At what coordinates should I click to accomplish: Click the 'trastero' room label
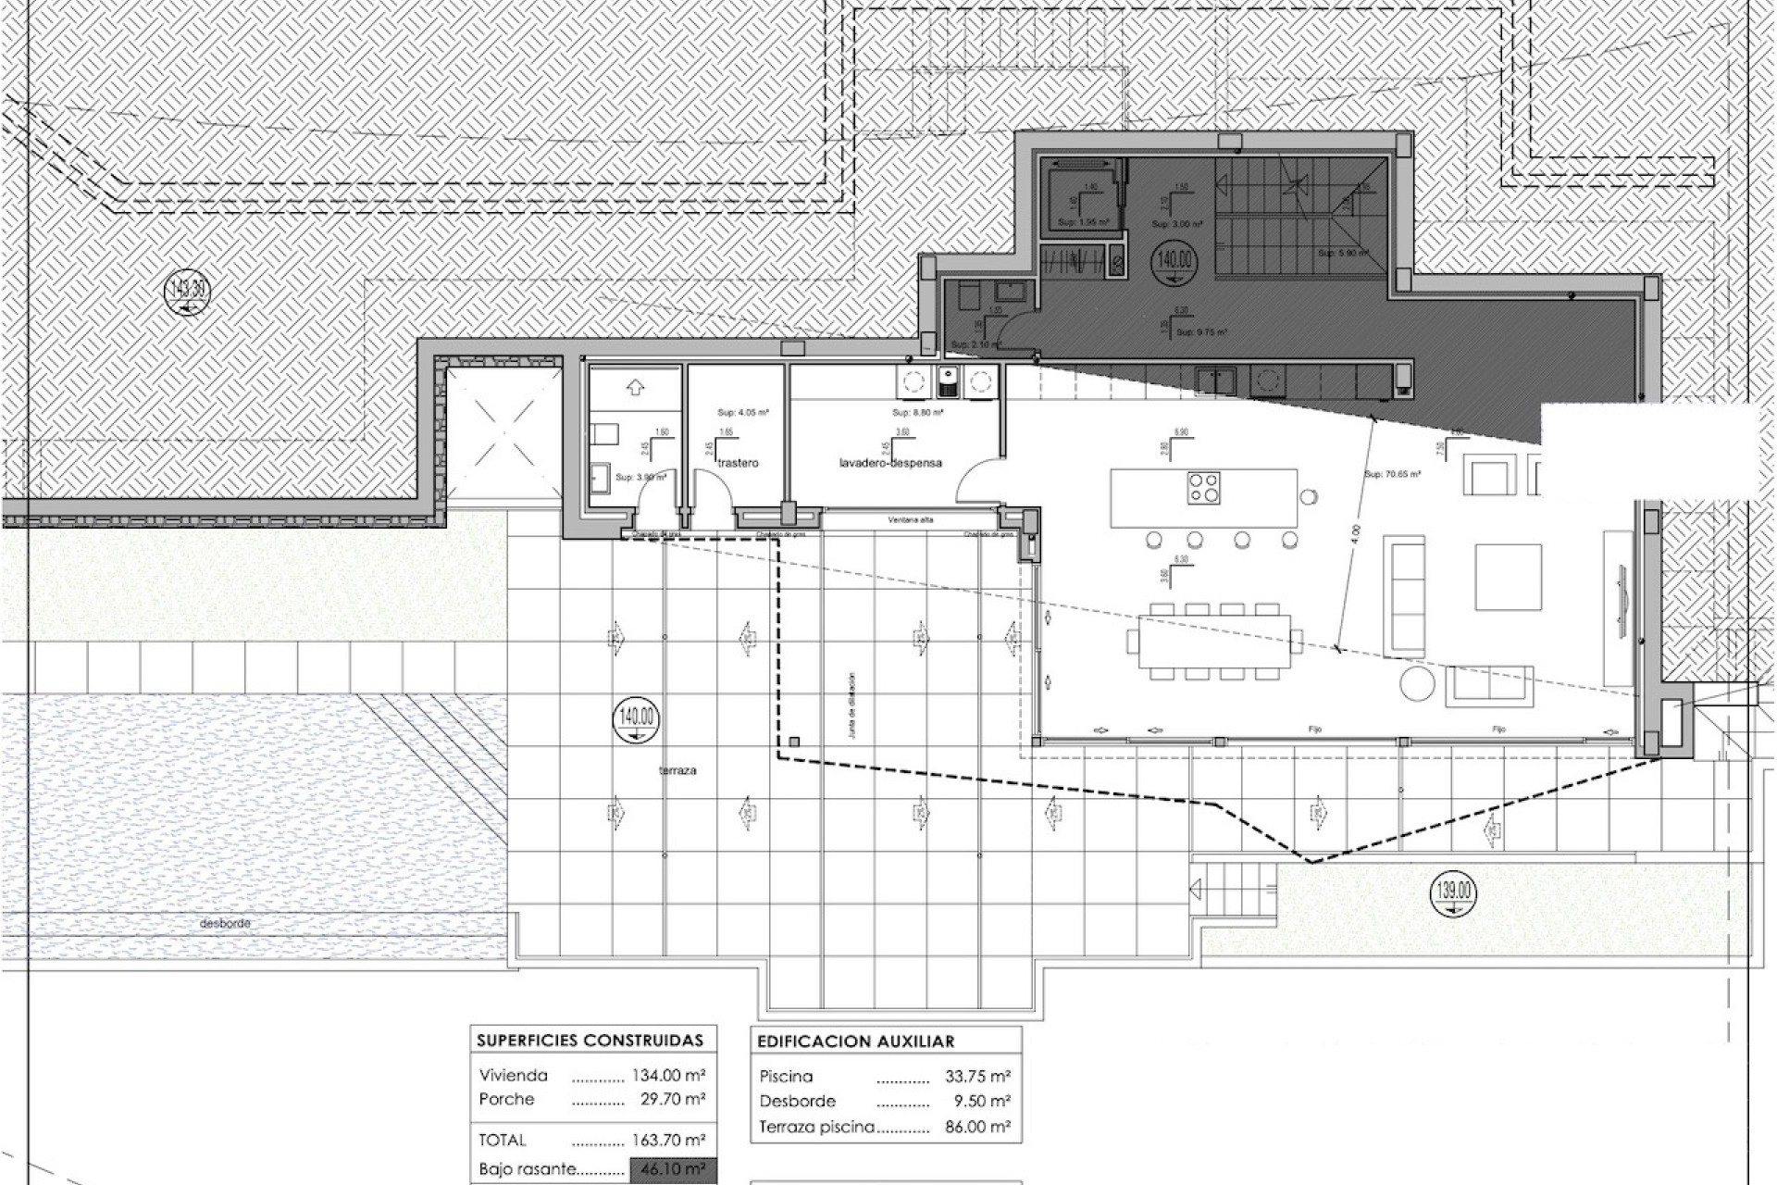point(738,463)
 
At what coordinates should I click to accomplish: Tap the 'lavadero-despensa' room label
point(891,463)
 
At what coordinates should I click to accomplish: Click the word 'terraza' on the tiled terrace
point(678,770)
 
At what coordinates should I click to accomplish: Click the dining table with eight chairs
point(1210,641)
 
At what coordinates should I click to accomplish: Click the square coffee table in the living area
point(1508,576)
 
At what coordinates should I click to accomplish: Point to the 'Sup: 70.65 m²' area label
point(1393,473)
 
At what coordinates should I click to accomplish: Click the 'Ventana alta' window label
point(910,520)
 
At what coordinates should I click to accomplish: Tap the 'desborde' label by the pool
point(226,924)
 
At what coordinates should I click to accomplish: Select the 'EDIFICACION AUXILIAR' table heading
point(855,1042)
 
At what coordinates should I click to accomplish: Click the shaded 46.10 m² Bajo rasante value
point(672,1169)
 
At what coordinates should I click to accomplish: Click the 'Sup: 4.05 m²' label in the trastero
point(743,413)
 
